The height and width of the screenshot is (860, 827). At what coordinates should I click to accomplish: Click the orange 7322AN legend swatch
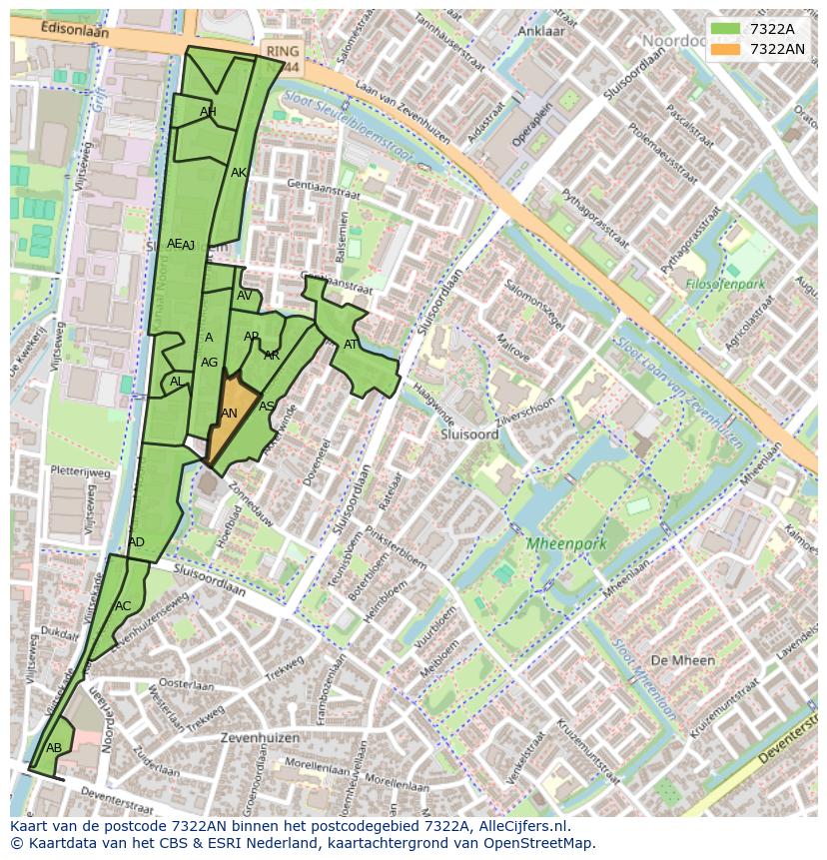727,49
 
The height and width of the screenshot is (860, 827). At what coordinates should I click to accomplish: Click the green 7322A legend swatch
727,29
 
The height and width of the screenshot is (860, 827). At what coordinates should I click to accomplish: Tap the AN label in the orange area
229,414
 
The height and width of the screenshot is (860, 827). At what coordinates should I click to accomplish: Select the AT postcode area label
351,345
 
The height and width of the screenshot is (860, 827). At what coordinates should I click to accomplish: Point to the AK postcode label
239,173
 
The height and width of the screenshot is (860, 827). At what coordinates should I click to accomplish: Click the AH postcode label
208,112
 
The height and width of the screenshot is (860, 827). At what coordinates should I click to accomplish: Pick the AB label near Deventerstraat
54,748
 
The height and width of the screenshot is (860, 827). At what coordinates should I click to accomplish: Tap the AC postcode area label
123,606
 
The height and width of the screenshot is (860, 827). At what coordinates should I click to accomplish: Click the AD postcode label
137,542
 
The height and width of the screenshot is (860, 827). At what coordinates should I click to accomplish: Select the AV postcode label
245,296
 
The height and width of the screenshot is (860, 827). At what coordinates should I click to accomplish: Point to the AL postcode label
176,382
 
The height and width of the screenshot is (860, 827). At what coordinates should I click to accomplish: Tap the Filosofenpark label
726,284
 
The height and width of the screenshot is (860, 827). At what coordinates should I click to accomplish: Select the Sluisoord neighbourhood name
469,435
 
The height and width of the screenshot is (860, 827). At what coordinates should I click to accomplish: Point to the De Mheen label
682,660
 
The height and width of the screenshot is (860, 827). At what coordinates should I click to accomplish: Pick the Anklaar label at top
542,31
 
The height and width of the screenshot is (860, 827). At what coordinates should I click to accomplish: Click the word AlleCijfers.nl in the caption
519,826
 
